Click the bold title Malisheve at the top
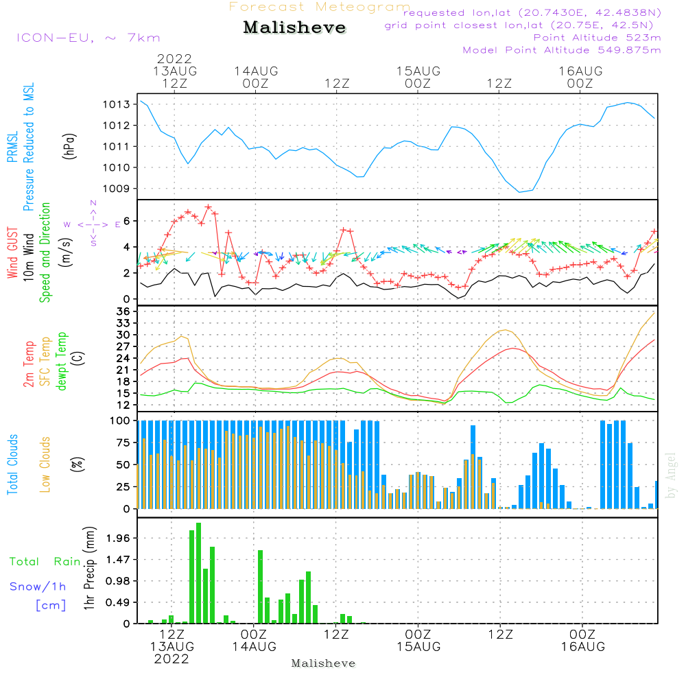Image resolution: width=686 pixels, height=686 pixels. tap(294, 28)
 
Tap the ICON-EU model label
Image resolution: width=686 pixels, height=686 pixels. tap(88, 38)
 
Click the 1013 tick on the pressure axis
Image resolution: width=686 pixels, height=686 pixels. tap(117, 104)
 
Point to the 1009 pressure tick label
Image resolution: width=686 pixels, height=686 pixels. tap(117, 189)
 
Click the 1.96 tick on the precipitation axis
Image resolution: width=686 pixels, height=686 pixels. tap(120, 538)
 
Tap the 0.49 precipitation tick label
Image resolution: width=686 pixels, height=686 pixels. tap(120, 602)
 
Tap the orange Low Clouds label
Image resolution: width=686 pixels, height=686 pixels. tap(45, 464)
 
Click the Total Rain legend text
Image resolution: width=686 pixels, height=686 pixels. tap(45, 562)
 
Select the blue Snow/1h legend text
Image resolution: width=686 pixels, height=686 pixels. tap(38, 587)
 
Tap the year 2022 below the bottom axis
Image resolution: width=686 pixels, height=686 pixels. tap(171, 659)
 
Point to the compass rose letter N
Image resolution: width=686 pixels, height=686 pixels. tap(93, 203)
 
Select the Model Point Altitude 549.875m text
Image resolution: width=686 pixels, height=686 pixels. tap(562, 50)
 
